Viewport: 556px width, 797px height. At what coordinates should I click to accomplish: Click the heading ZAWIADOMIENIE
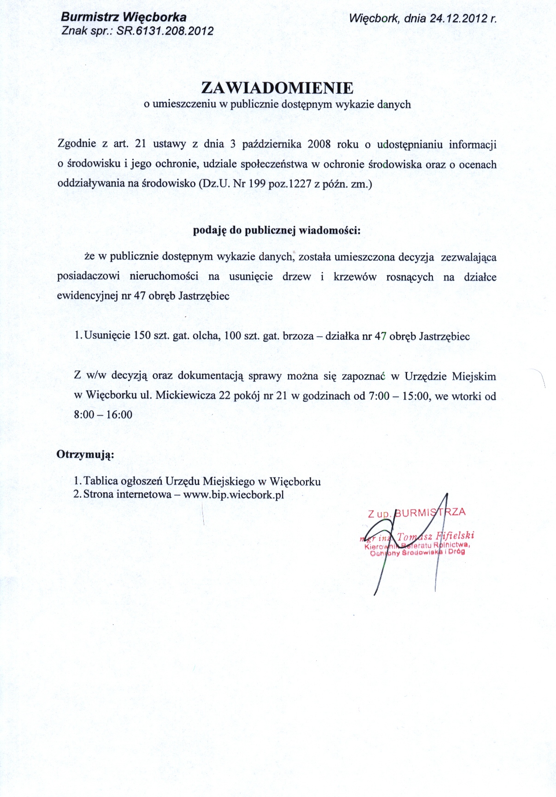point(278,88)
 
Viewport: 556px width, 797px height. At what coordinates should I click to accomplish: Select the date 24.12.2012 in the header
point(458,18)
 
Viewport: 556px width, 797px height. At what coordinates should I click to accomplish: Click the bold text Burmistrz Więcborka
point(124,18)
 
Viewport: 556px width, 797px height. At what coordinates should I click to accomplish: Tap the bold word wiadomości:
point(330,230)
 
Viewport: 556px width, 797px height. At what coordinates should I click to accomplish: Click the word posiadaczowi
point(89,277)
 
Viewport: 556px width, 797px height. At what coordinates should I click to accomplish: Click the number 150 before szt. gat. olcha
point(142,336)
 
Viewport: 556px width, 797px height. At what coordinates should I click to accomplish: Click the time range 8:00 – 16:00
point(103,415)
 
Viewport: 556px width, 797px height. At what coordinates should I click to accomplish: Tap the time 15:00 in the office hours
point(416,396)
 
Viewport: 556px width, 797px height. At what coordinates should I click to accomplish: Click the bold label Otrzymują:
point(85,455)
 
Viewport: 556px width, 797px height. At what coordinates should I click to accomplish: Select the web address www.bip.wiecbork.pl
point(233,495)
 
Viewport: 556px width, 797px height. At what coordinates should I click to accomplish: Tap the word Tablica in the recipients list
point(101,482)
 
